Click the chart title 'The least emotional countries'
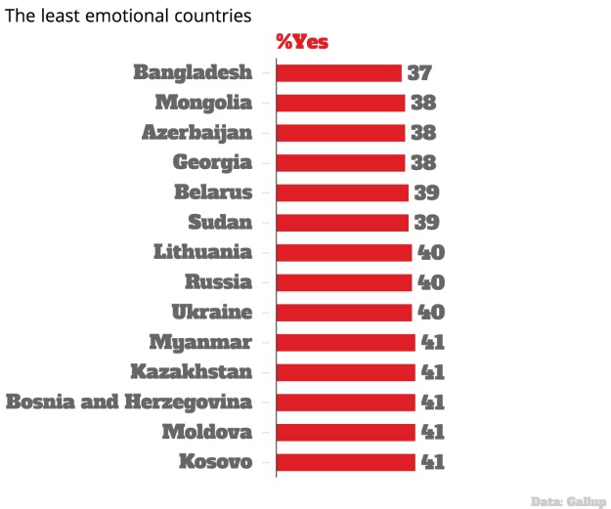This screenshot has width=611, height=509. click(x=128, y=17)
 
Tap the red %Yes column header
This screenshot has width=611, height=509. click(x=302, y=42)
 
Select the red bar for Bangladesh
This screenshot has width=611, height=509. click(x=338, y=72)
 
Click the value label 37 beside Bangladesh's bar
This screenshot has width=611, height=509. click(x=419, y=72)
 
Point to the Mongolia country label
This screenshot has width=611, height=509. click(x=203, y=103)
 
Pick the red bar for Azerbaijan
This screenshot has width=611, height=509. click(x=340, y=133)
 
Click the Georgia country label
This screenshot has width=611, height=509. click(x=212, y=162)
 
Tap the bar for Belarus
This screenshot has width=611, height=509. click(x=342, y=192)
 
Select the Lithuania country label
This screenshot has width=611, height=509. click(x=202, y=252)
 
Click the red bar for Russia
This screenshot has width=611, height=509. click(x=344, y=282)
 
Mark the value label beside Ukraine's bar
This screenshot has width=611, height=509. click(x=431, y=312)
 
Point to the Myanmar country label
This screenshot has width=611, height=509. click(x=200, y=342)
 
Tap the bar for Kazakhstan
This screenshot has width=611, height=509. click(x=345, y=372)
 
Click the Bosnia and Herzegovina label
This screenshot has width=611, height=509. click(x=129, y=402)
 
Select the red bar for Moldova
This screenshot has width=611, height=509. click(x=345, y=432)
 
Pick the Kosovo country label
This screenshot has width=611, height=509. click(x=216, y=461)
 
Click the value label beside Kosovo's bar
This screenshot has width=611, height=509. click(x=432, y=461)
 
